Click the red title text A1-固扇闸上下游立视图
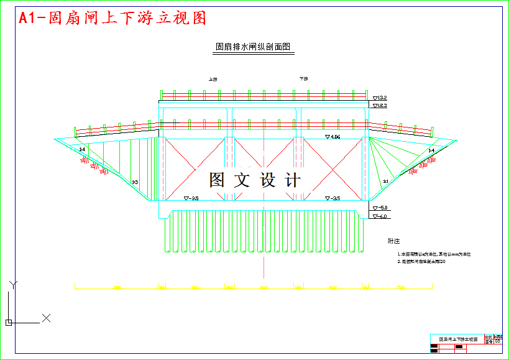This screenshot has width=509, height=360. (x=112, y=18)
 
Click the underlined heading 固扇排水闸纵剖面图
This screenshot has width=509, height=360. (x=253, y=47)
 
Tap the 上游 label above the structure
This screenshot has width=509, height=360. (x=213, y=79)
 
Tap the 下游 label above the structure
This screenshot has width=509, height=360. (x=304, y=79)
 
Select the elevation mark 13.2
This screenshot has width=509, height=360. (x=380, y=98)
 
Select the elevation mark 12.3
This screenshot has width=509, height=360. (x=380, y=106)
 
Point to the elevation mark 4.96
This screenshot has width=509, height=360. (x=333, y=136)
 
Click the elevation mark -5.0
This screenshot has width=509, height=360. (x=380, y=208)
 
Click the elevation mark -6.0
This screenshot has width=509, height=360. (x=380, y=216)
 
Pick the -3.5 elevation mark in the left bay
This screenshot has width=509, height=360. (x=191, y=198)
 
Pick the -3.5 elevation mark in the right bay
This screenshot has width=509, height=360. (x=333, y=198)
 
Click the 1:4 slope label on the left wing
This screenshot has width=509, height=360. (x=82, y=150)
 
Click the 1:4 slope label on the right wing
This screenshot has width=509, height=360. (x=431, y=151)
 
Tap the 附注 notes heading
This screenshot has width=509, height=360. (x=393, y=241)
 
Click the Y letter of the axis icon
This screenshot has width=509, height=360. (x=12, y=285)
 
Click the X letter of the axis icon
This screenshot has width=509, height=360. (x=45, y=318)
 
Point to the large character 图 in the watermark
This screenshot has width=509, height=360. (x=217, y=180)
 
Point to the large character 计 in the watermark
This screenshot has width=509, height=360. (x=292, y=180)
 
